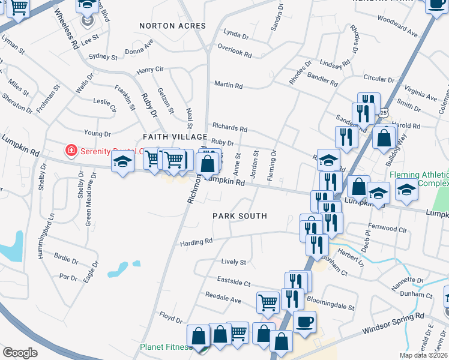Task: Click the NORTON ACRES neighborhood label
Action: [x=172, y=26]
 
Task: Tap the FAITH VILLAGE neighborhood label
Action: [x=170, y=137]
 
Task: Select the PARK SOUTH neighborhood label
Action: [x=240, y=215]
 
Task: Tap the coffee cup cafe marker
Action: [x=304, y=322]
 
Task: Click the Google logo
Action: [x=20, y=353]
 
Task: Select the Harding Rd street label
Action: [x=196, y=242]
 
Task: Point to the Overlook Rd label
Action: [x=234, y=51]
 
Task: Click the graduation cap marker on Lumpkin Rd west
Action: [x=122, y=163]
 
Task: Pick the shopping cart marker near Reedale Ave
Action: [x=268, y=302]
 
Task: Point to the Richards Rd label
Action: [x=229, y=128]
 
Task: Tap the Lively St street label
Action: [x=234, y=262]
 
